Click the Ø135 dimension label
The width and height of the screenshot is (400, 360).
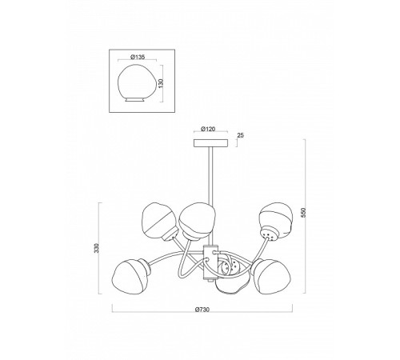pos(138,57)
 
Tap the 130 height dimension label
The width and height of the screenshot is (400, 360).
pos(161,83)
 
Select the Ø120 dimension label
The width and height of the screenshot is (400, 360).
pos(208,129)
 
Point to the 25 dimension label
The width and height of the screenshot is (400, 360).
pos(240,135)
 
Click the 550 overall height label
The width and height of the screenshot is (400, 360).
pos(303,213)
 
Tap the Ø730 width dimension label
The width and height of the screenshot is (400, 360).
pos(202,310)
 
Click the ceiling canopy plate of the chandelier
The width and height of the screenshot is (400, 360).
pos(210,142)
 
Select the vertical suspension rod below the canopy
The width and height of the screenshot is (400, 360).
pos(210,176)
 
